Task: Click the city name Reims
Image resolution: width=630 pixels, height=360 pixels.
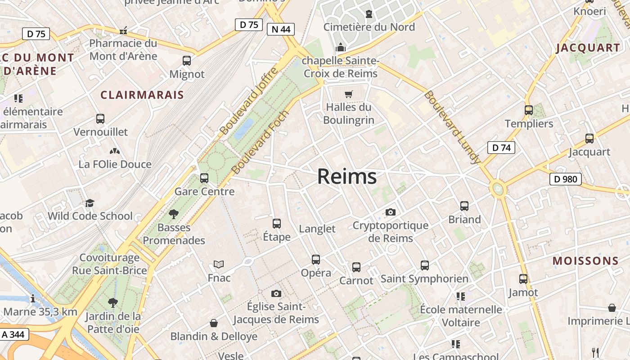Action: pos(347,176)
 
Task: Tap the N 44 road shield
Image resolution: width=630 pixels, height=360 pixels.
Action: pos(281,29)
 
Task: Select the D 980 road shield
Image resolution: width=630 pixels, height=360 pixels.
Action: pos(566,179)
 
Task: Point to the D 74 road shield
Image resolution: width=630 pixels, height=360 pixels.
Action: pos(501,147)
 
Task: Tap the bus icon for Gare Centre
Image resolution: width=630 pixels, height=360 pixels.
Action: pos(204,178)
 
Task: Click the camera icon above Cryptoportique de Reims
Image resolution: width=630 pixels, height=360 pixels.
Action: pos(391,212)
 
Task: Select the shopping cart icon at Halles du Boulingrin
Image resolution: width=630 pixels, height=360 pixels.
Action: pos(349,94)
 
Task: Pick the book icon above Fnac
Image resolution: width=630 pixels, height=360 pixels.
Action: pos(219,264)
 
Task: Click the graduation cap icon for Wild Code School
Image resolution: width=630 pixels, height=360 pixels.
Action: pos(90,203)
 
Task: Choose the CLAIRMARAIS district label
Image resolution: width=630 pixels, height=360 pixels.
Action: pos(142,95)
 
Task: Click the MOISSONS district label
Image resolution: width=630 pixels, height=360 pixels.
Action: pos(585,261)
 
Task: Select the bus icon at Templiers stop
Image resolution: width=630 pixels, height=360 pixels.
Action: pos(529,110)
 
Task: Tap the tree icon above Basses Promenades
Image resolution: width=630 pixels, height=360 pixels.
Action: pos(173,214)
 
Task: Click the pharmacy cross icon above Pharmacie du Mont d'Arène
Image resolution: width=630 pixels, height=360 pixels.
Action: pos(123,31)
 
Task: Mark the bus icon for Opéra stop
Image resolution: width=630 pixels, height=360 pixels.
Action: pos(316,259)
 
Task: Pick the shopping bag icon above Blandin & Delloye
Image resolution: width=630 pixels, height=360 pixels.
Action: pos(214,323)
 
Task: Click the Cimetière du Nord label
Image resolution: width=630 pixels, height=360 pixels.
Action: pos(369,27)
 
